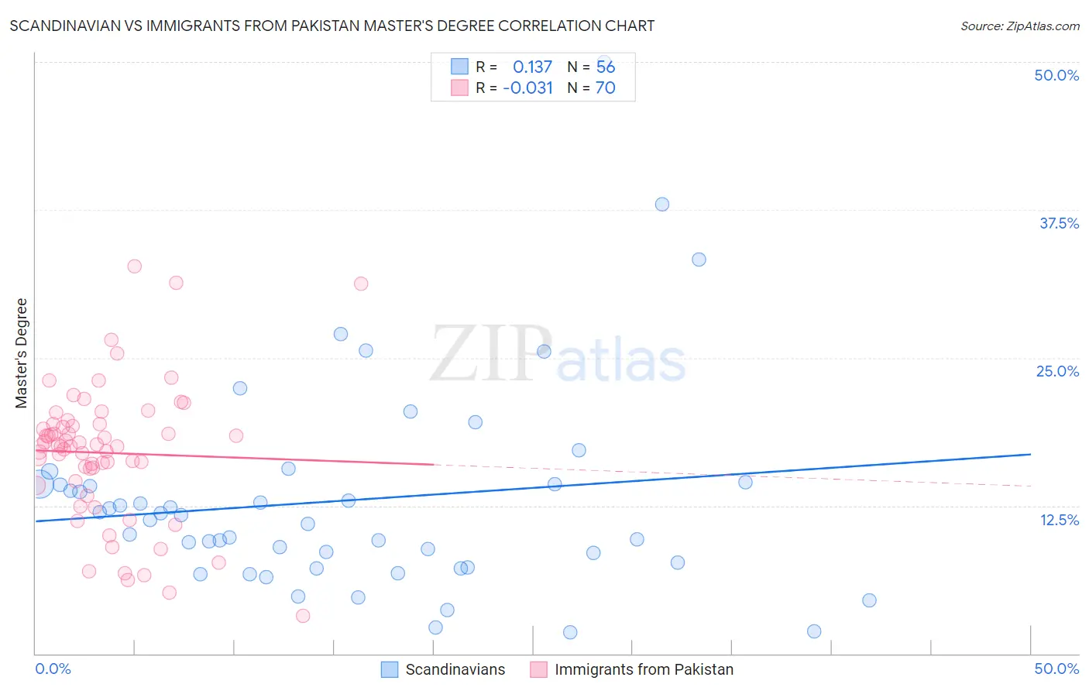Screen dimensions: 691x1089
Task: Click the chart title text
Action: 332,26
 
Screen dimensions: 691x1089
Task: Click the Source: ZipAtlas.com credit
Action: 1019,26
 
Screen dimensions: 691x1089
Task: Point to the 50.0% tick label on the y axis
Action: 1056,75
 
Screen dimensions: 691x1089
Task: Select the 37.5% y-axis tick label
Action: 1059,223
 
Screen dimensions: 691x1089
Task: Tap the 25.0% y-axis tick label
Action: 1057,371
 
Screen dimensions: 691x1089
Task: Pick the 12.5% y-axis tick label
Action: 1059,519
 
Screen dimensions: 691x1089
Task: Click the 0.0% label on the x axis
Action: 53,669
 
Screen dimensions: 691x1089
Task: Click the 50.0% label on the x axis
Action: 1056,669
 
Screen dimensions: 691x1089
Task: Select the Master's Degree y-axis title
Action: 22,352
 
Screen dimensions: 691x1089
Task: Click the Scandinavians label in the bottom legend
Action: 455,669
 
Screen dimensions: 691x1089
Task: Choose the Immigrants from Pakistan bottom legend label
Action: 644,669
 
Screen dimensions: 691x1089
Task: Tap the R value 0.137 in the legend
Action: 532,67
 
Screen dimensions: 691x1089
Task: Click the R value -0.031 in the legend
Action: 527,88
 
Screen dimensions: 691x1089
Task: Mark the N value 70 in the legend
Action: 605,88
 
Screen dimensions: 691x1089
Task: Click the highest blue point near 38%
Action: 662,205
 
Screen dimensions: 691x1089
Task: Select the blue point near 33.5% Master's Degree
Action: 699,260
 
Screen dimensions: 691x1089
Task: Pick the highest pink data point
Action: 135,266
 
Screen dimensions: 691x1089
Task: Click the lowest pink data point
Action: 304,616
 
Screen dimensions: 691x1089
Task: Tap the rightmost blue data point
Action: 869,600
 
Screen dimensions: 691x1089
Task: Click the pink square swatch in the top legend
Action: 460,88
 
